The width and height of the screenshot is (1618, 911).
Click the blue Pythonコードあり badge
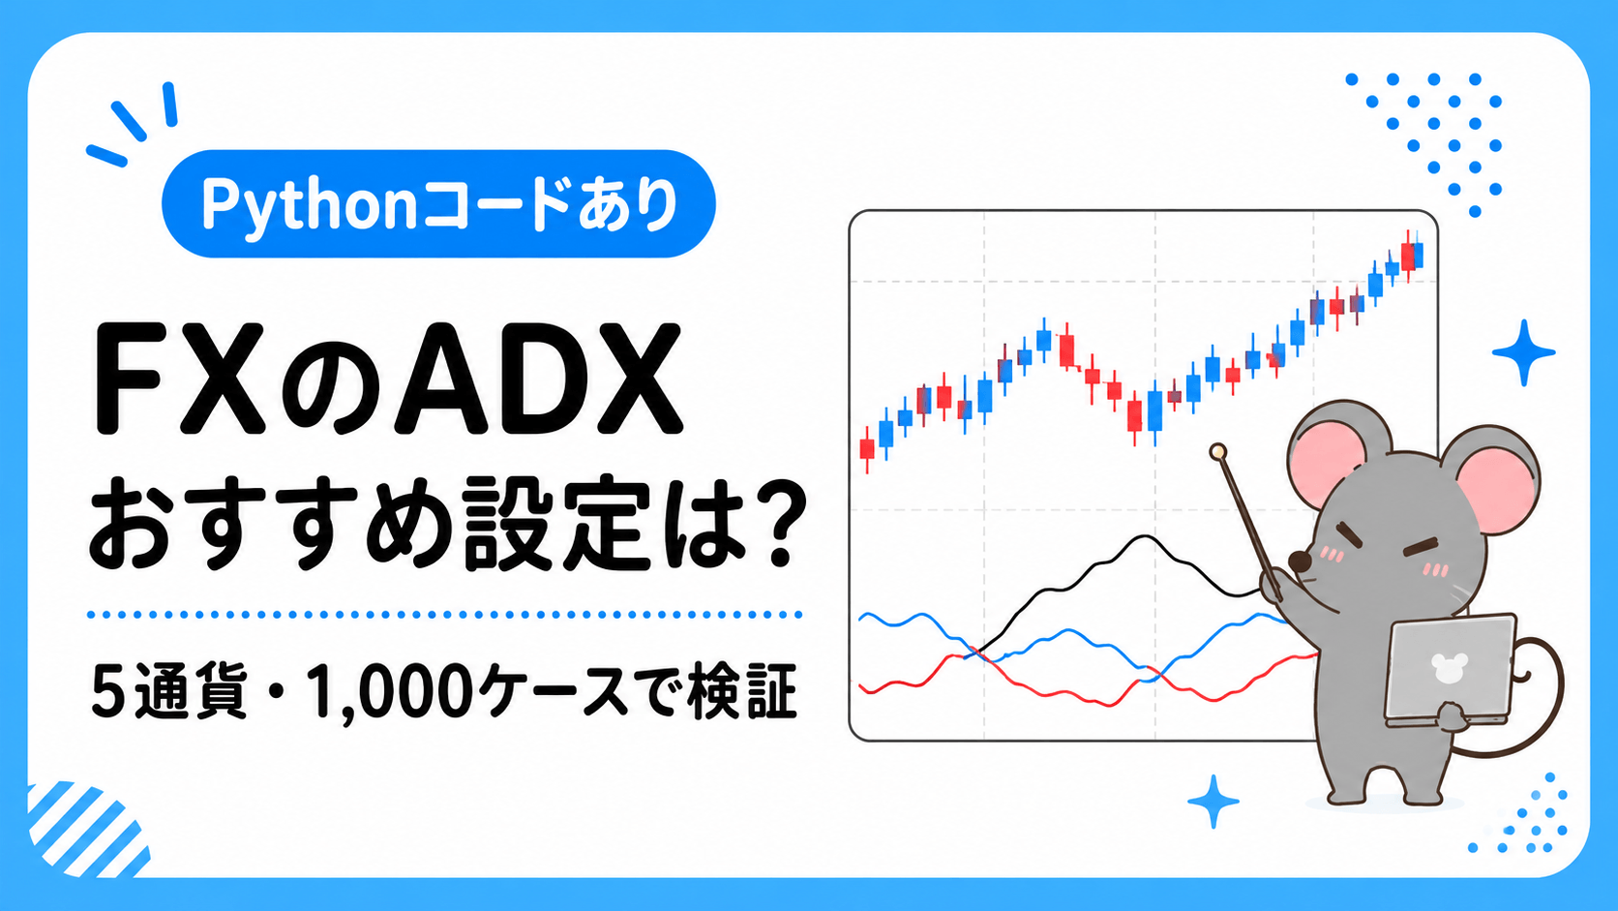(438, 203)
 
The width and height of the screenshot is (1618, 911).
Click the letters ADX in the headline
(538, 380)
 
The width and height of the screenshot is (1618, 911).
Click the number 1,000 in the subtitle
(386, 692)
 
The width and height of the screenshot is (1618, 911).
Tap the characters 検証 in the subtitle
(742, 691)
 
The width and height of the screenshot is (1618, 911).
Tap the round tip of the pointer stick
(1217, 452)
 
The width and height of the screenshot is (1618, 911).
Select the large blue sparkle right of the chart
(1523, 352)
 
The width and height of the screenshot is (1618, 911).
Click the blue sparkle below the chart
(1213, 802)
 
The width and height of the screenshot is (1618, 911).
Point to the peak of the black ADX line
(1144, 536)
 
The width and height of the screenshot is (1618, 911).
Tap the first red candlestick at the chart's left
(867, 449)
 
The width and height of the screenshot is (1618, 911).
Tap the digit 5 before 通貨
(106, 693)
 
